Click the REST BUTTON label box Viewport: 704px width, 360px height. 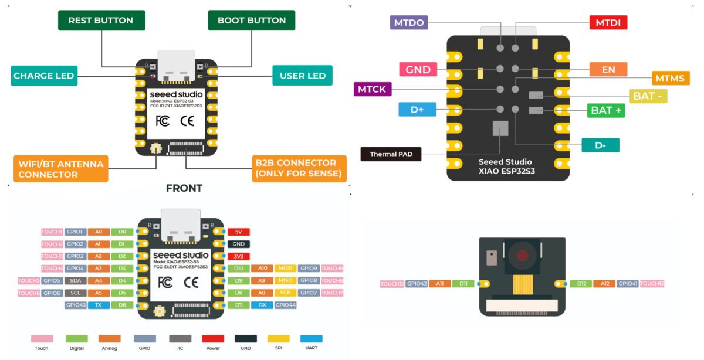pos(101,21)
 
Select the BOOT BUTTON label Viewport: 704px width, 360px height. pos(252,21)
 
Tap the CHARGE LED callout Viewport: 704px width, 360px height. pos(44,76)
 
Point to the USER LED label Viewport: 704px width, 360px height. pos(303,76)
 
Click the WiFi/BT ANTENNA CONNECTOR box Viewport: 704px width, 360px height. pos(61,169)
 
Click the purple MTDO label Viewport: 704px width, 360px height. pos(409,23)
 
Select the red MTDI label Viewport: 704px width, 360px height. pos(608,23)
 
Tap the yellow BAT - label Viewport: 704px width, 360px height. pos(648,96)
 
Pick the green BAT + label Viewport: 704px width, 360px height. pos(606,110)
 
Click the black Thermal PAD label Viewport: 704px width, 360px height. pos(391,155)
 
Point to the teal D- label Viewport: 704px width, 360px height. pos(600,145)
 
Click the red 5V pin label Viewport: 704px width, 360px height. pos(238,232)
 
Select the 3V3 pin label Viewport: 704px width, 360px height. pos(238,256)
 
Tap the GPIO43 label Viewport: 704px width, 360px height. pos(76,305)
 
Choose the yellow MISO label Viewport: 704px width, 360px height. pos(285,280)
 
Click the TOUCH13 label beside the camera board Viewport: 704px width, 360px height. pos(652,284)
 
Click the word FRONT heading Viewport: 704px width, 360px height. pos(184,188)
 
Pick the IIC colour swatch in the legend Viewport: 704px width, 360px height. pos(180,339)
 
